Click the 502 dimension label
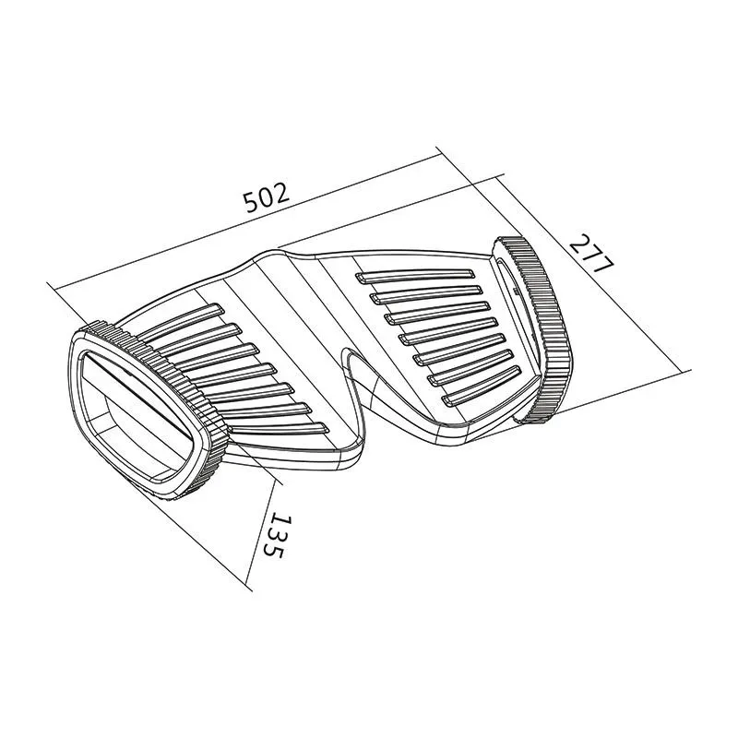tap(268, 197)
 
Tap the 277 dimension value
tap(591, 254)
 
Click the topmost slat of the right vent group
tap(415, 275)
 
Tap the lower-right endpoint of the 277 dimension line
tap(689, 371)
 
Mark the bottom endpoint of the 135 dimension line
tap(249, 586)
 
